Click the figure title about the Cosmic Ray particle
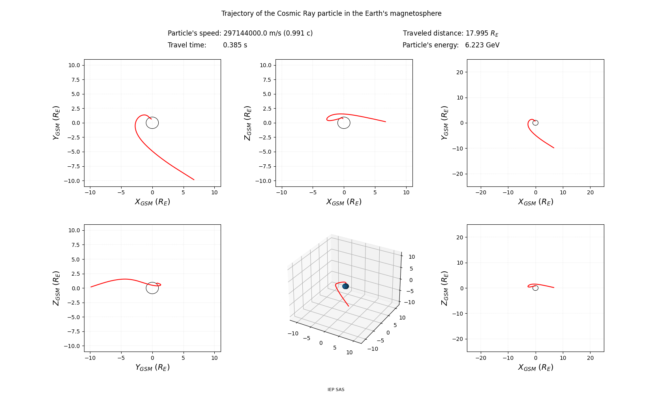(x=331, y=13)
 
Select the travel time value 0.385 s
(x=235, y=45)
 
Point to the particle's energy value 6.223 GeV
(x=482, y=45)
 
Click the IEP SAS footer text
(x=336, y=389)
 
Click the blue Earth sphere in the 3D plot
(x=345, y=286)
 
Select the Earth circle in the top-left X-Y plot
(x=152, y=123)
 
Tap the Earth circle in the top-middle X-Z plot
(x=344, y=123)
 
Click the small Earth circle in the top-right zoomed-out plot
(x=535, y=123)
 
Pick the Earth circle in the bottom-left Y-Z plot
(x=152, y=288)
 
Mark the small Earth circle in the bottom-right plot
(x=535, y=288)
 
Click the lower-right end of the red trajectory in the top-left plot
(x=194, y=179)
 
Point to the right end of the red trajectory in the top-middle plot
(x=385, y=122)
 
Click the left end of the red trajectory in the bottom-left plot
(x=91, y=287)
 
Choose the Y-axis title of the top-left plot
(x=56, y=123)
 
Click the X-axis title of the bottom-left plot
(x=152, y=367)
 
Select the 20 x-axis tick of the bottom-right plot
(x=590, y=358)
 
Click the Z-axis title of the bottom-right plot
(x=445, y=288)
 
